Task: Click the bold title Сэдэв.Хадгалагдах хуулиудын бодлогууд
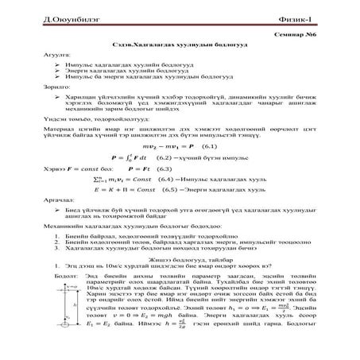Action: click(180, 48)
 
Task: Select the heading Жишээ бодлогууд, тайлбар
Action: click(180, 279)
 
